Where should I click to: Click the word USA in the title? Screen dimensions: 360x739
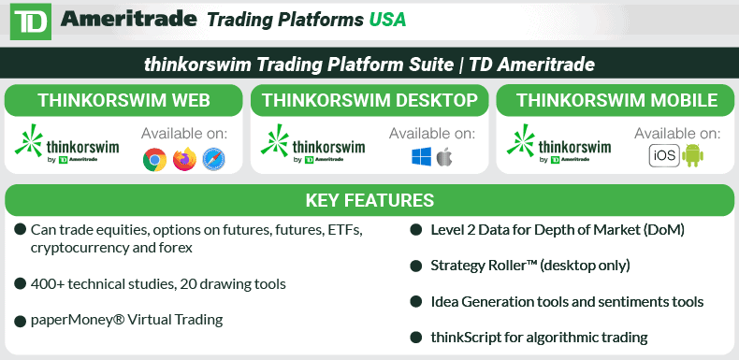[387, 19]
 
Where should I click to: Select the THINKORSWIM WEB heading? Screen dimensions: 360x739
[123, 101]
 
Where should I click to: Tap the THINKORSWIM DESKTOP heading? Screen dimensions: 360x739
[369, 101]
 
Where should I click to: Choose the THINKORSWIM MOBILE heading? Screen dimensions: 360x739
[616, 101]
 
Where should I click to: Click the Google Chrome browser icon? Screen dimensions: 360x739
[154, 160]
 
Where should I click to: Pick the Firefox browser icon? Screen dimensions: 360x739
[185, 160]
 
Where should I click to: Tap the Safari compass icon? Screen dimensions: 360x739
[215, 160]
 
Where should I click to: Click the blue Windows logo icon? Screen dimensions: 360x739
[420, 156]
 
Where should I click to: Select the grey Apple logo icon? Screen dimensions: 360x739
[443, 156]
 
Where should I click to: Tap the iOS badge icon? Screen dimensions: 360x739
[663, 156]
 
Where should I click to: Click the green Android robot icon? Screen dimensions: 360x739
[693, 156]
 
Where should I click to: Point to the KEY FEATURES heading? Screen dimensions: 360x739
[369, 200]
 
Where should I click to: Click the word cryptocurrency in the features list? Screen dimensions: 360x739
[79, 248]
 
